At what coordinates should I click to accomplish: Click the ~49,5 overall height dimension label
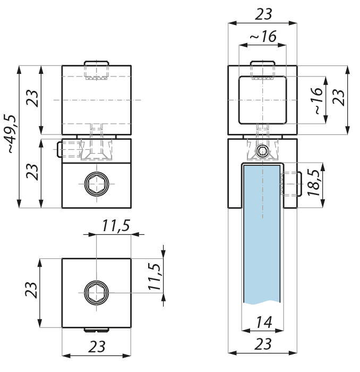11,134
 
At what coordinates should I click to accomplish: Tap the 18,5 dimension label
314,182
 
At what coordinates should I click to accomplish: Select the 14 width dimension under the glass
264,322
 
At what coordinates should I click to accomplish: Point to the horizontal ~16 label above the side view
263,36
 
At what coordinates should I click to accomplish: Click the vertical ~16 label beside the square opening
319,100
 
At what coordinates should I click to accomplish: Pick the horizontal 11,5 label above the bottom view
116,226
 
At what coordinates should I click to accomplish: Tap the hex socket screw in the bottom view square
97,293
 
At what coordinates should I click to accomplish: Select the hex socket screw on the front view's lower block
97,184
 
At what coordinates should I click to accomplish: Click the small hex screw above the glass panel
263,151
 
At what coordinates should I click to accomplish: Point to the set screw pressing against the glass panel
292,184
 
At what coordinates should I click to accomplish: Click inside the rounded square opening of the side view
263,100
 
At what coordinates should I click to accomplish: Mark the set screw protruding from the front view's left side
68,149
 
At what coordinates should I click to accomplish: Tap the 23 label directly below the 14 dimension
263,344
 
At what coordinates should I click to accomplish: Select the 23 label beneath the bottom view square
97,346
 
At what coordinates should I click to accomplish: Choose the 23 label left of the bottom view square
31,290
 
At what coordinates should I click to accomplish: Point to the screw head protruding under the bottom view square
97,330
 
